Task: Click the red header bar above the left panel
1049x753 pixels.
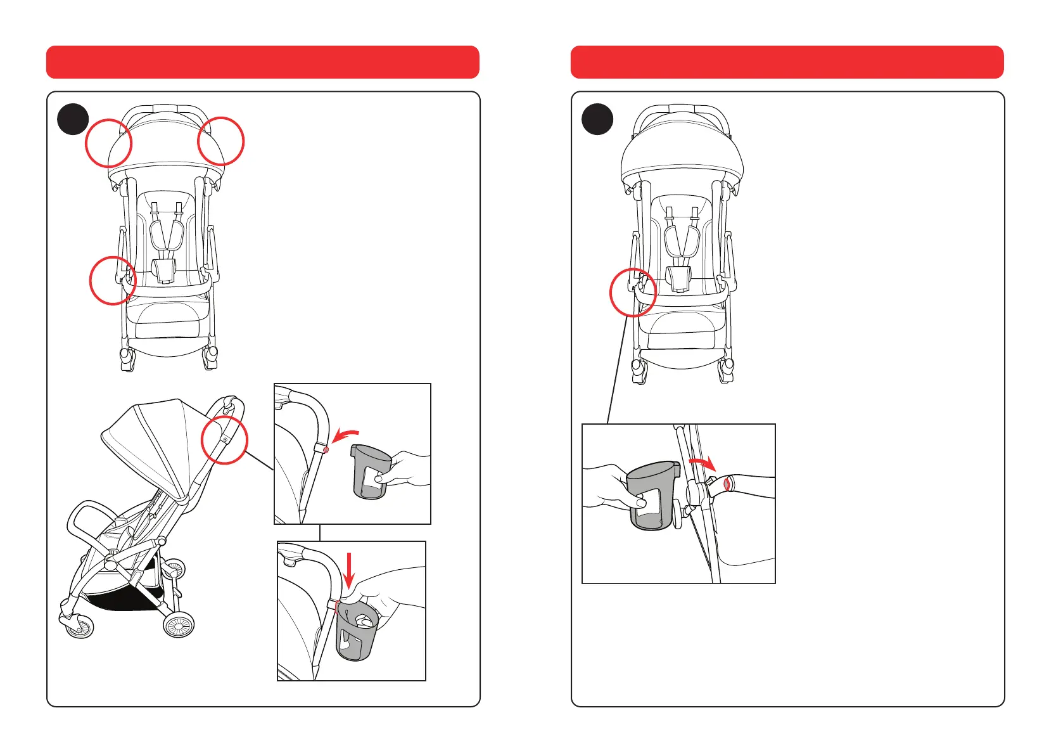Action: click(x=262, y=62)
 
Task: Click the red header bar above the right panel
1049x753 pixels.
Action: click(x=787, y=62)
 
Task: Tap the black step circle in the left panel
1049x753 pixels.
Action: click(x=73, y=119)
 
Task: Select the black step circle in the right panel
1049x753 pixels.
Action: click(x=597, y=119)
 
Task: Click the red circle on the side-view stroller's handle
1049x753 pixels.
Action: click(x=224, y=441)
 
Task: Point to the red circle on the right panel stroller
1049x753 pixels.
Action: click(x=633, y=292)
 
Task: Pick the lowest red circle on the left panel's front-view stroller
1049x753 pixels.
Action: click(x=113, y=280)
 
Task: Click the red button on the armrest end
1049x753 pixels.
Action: click(x=728, y=485)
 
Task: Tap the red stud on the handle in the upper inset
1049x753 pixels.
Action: click(x=326, y=449)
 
